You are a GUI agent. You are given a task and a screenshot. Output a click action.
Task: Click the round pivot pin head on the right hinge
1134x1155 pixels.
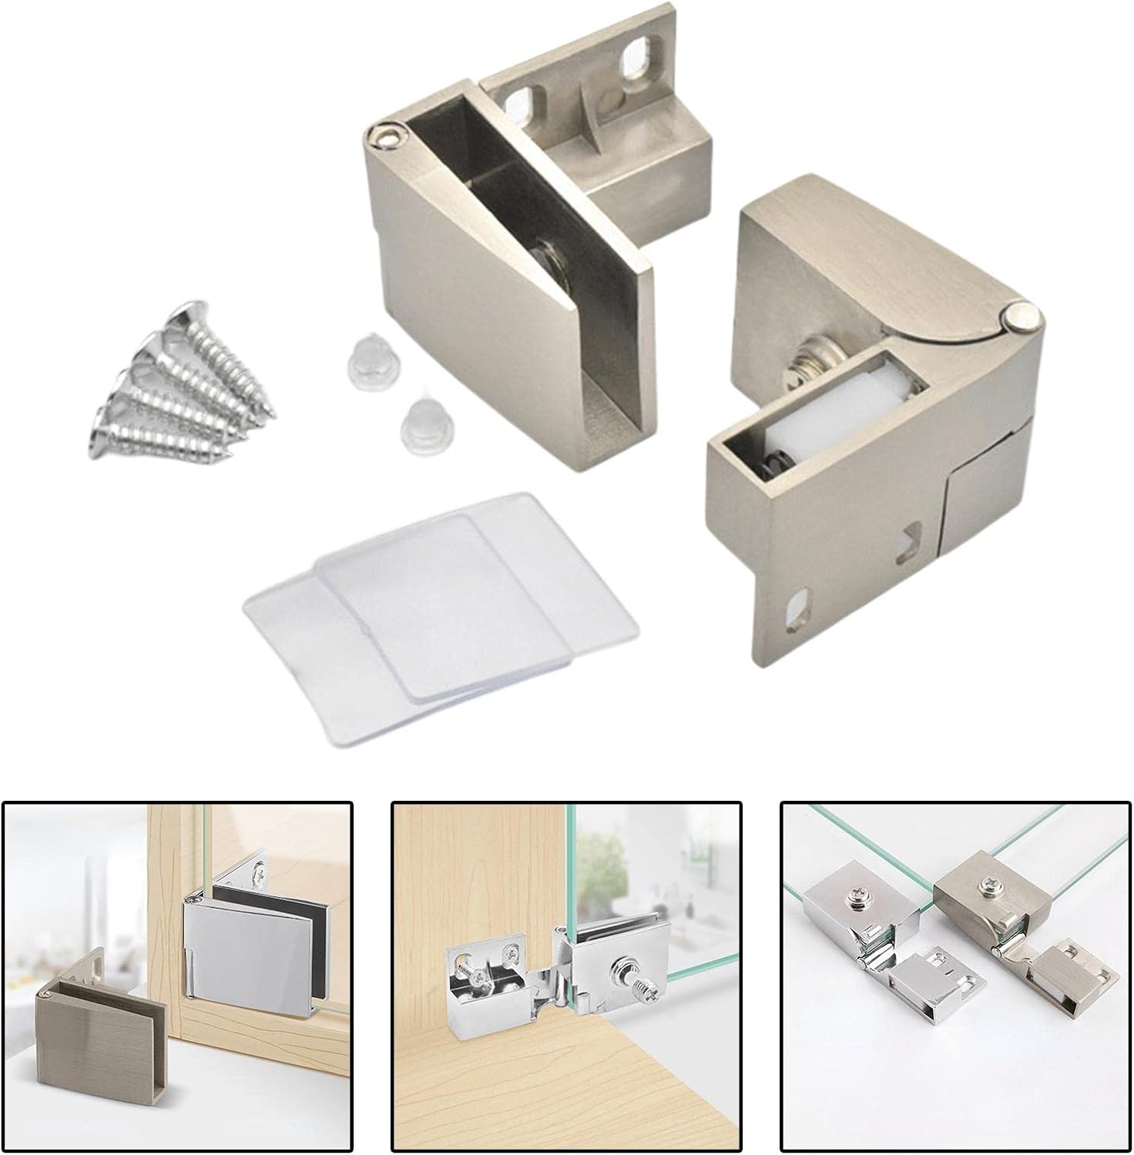click(1022, 316)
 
